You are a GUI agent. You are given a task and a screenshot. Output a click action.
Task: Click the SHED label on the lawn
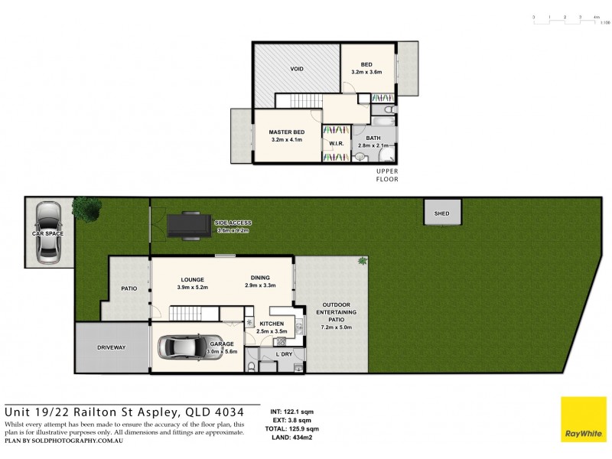[x=441, y=213]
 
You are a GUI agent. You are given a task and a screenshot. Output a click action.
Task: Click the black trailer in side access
[x=188, y=224]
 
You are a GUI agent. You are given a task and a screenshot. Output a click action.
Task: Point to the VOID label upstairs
[x=297, y=70]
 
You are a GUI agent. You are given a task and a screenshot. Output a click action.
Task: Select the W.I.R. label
[x=335, y=143]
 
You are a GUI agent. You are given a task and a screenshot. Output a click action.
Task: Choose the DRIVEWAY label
[x=111, y=347]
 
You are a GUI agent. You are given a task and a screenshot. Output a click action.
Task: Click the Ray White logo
[x=583, y=420]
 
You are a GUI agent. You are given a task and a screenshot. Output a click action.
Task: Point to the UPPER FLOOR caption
[x=386, y=174]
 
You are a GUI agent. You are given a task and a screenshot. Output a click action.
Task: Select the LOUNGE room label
[x=192, y=278]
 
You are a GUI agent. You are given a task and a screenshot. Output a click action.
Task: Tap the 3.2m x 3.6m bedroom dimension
[x=366, y=72]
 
